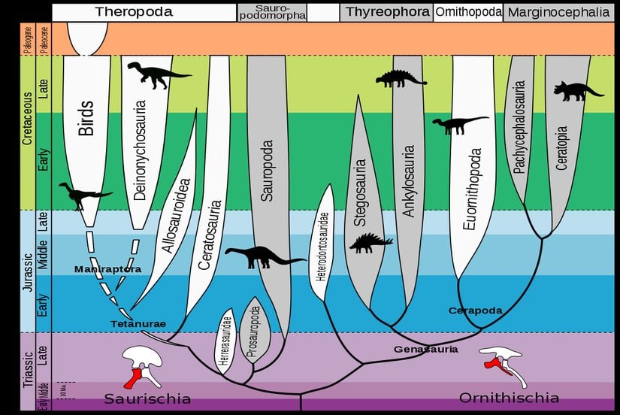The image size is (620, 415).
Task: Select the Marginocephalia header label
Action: (556, 12)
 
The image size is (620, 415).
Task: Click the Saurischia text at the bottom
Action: (147, 398)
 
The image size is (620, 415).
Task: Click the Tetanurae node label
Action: (136, 324)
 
